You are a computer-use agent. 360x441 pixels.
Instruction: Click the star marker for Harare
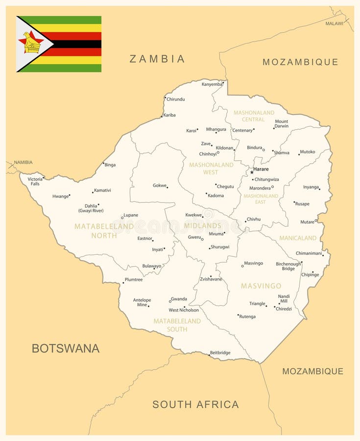pyautogui.click(x=252, y=172)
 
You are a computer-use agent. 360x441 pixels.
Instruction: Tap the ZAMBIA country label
pyautogui.click(x=157, y=59)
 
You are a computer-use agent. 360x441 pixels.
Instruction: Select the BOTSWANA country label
pyautogui.click(x=66, y=348)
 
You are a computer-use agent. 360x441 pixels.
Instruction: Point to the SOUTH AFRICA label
pyautogui.click(x=195, y=404)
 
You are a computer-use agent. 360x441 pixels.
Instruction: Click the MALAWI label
pyautogui.click(x=334, y=24)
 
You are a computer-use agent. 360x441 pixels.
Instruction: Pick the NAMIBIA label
pyautogui.click(x=23, y=162)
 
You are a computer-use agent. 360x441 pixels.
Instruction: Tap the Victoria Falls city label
pyautogui.click(x=35, y=181)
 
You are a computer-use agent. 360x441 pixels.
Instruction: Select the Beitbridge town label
pyautogui.click(x=220, y=353)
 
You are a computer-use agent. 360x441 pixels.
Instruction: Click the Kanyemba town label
pyautogui.click(x=212, y=84)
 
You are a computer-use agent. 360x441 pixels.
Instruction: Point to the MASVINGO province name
pyautogui.click(x=261, y=286)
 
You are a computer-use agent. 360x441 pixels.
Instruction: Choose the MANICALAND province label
pyautogui.click(x=298, y=238)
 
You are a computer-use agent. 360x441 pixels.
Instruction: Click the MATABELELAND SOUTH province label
pyautogui.click(x=177, y=325)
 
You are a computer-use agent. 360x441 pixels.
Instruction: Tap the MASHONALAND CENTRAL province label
pyautogui.click(x=253, y=116)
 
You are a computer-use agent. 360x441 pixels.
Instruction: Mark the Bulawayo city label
pyautogui.click(x=151, y=266)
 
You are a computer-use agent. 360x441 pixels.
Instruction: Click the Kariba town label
pyautogui.click(x=169, y=115)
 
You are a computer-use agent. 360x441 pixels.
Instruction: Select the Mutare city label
pyautogui.click(x=307, y=222)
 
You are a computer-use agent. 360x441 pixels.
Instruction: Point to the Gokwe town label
pyautogui.click(x=159, y=186)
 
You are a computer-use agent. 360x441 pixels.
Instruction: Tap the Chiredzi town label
pyautogui.click(x=284, y=309)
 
